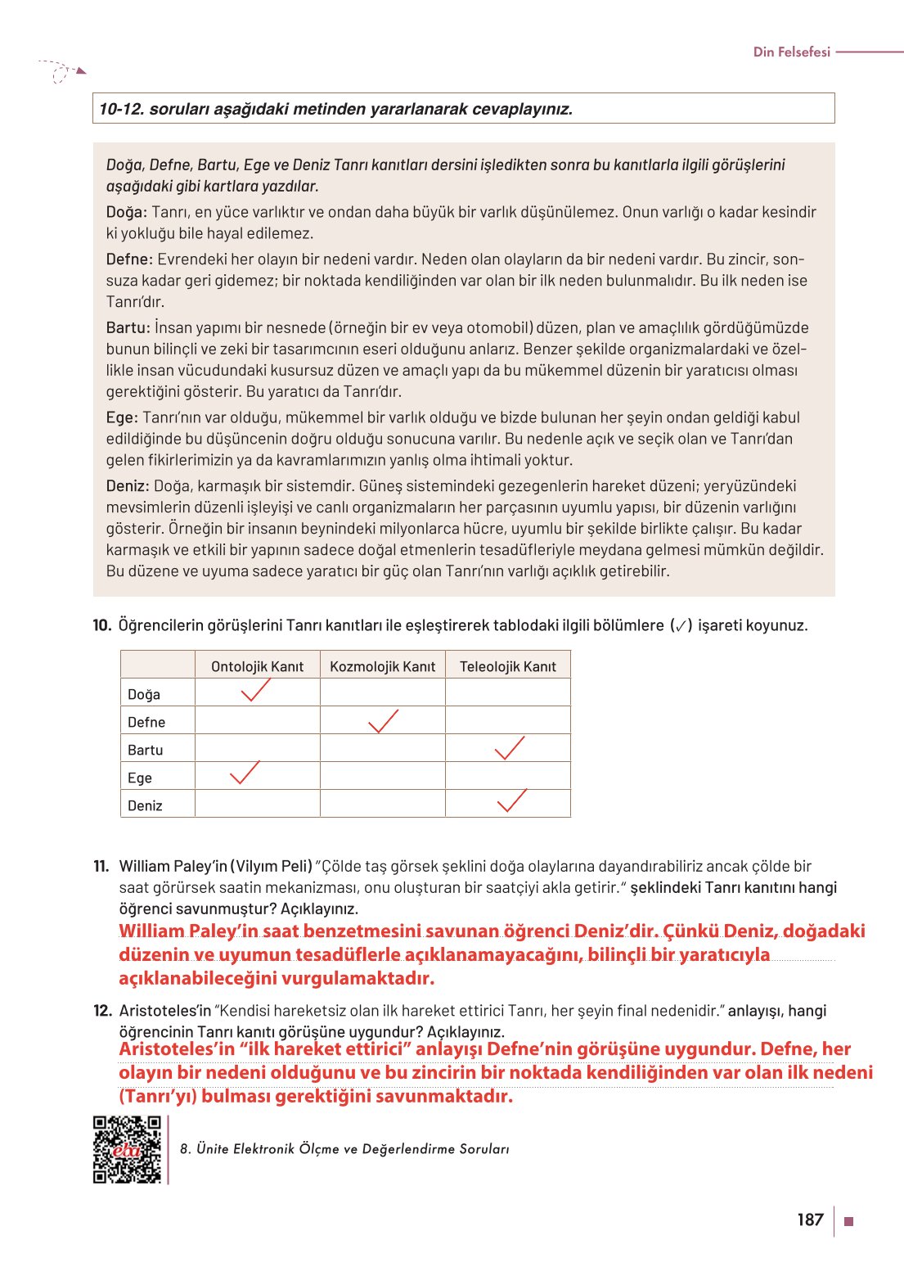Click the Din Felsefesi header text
click(791, 52)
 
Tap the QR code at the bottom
click(127, 1149)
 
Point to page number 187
click(810, 1220)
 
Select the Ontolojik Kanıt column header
click(257, 666)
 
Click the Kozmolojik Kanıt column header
click(382, 666)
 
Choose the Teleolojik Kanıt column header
click(507, 666)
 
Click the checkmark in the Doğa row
click(255, 692)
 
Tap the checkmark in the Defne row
click(383, 721)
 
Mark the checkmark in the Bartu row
click(510, 748)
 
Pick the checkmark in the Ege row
click(244, 773)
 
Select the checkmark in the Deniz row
click(512, 800)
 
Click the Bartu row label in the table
click(146, 750)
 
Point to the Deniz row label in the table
click(146, 805)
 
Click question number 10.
click(101, 625)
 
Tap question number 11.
click(101, 866)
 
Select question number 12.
click(102, 1011)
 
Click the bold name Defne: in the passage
click(129, 259)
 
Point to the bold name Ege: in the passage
click(122, 417)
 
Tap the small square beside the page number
click(848, 1221)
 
